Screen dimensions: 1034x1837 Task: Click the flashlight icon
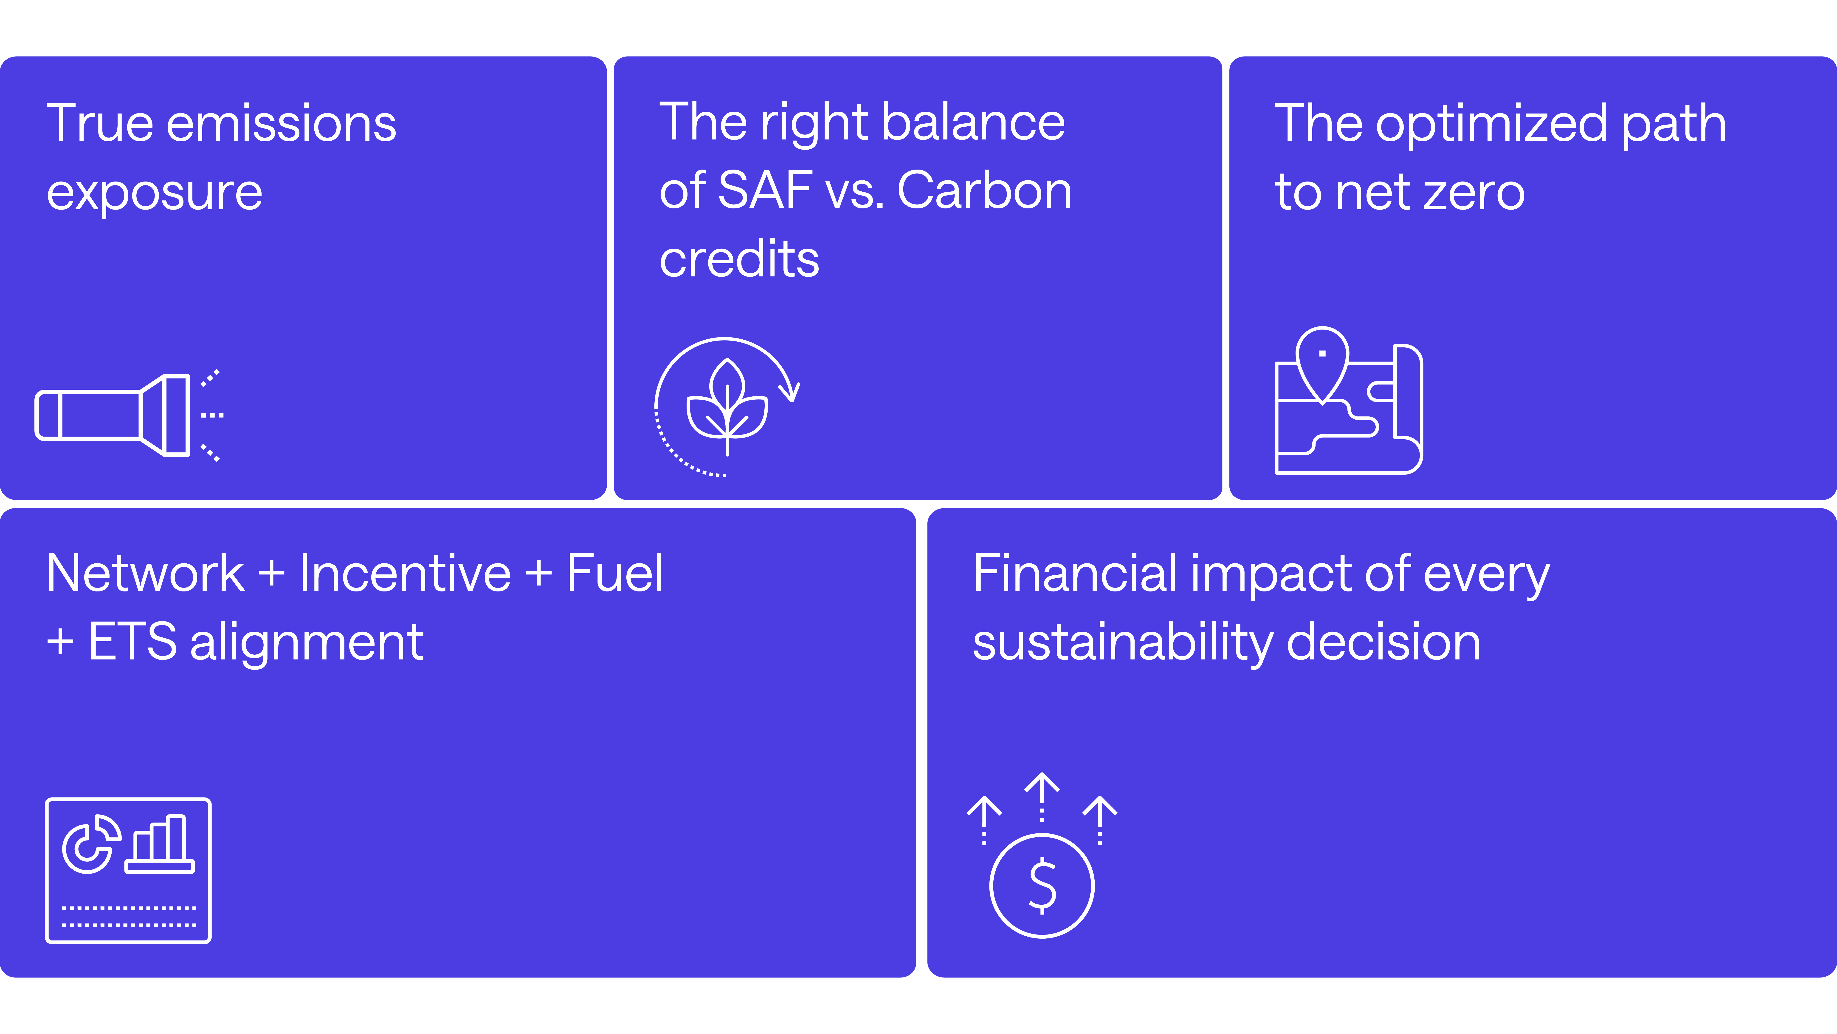(114, 415)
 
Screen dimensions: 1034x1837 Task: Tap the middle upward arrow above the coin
(1042, 796)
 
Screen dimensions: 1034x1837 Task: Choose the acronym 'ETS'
(133, 642)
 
